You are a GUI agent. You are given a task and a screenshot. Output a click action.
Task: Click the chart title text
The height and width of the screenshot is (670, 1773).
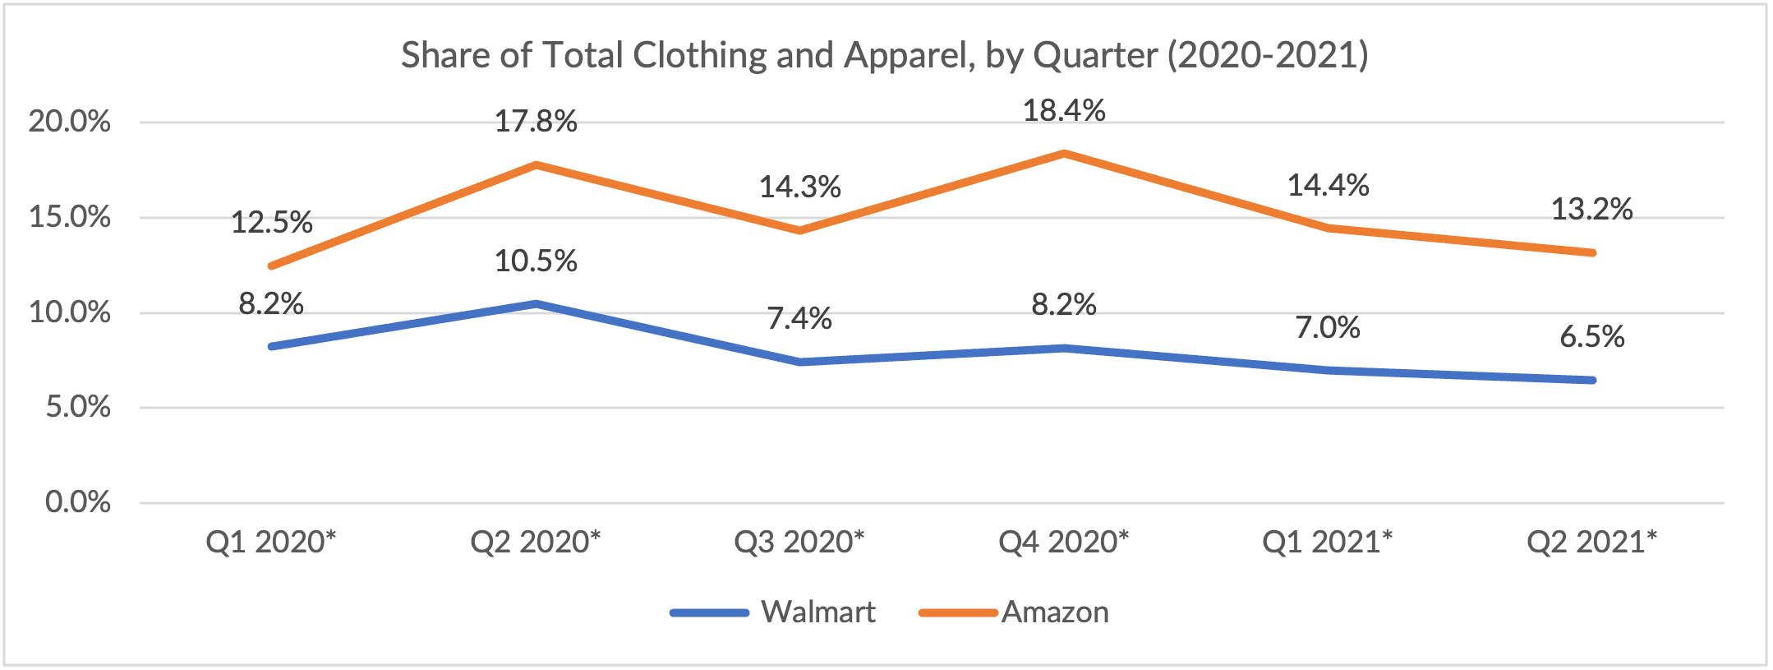click(885, 55)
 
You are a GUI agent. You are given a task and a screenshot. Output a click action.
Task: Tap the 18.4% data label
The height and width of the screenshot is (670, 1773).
click(1064, 111)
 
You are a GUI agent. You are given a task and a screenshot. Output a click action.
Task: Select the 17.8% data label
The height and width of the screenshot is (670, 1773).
click(536, 122)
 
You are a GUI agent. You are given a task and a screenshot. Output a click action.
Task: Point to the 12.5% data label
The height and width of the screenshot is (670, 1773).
click(272, 223)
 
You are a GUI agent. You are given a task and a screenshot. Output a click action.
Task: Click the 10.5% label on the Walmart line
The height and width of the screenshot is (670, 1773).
click(536, 261)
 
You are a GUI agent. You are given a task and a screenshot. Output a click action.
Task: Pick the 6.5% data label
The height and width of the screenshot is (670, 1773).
click(1592, 337)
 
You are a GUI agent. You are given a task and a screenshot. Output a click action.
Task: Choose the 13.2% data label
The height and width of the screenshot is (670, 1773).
click(1591, 210)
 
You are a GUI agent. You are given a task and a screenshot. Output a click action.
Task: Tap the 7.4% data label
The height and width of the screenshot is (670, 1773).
click(799, 318)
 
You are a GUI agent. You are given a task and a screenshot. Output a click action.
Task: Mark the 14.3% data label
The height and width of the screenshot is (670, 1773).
click(799, 187)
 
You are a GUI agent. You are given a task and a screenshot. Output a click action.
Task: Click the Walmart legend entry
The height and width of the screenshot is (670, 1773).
click(817, 612)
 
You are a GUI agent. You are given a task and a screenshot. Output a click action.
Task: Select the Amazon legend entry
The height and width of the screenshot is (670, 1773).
click(1055, 612)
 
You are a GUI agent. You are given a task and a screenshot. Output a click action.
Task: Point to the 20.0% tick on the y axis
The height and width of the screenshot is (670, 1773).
click(70, 122)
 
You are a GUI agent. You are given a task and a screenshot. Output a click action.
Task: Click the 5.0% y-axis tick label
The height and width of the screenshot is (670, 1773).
click(78, 407)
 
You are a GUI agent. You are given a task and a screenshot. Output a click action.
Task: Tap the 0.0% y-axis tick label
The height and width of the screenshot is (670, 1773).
click(78, 502)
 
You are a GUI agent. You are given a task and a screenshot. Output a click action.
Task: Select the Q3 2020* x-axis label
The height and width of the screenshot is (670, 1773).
click(799, 542)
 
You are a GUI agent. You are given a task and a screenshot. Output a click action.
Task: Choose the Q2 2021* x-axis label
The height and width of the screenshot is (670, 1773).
click(1591, 542)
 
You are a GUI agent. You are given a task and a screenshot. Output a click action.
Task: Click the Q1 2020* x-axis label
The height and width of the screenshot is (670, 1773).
click(271, 542)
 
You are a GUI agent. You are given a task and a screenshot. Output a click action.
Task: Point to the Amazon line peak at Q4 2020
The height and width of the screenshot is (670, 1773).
click(1064, 153)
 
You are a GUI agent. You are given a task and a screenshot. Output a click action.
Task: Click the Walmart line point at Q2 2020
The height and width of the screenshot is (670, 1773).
click(536, 303)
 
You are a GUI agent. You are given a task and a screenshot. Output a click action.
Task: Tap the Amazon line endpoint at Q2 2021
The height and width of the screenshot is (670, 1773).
click(1592, 252)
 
